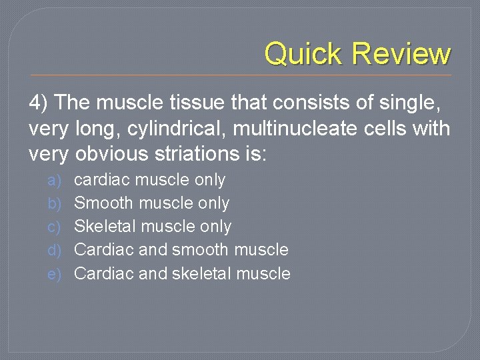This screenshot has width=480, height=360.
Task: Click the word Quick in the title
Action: (303, 53)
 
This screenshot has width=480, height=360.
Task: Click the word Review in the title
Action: (401, 53)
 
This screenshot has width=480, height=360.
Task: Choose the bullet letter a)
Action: (55, 180)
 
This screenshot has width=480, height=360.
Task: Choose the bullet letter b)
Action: (55, 203)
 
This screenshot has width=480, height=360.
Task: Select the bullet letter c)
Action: (55, 227)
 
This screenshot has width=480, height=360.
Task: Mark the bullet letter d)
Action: (55, 250)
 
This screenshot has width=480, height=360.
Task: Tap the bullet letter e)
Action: (55, 273)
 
